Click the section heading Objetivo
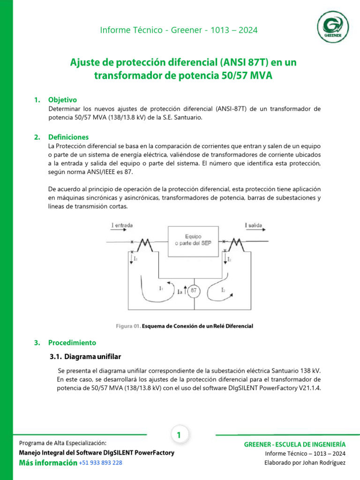pyautogui.click(x=62, y=100)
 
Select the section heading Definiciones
pyautogui.click(x=68, y=137)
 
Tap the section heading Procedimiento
pyautogui.click(x=72, y=343)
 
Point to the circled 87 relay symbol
pyautogui.click(x=193, y=291)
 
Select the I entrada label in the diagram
pyautogui.click(x=122, y=225)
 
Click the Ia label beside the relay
pyautogui.click(x=180, y=292)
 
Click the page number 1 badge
pyautogui.click(x=179, y=435)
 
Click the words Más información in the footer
pyautogui.click(x=48, y=463)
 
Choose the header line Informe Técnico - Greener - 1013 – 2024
pyautogui.click(x=179, y=30)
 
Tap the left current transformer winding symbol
pyautogui.click(x=142, y=244)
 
